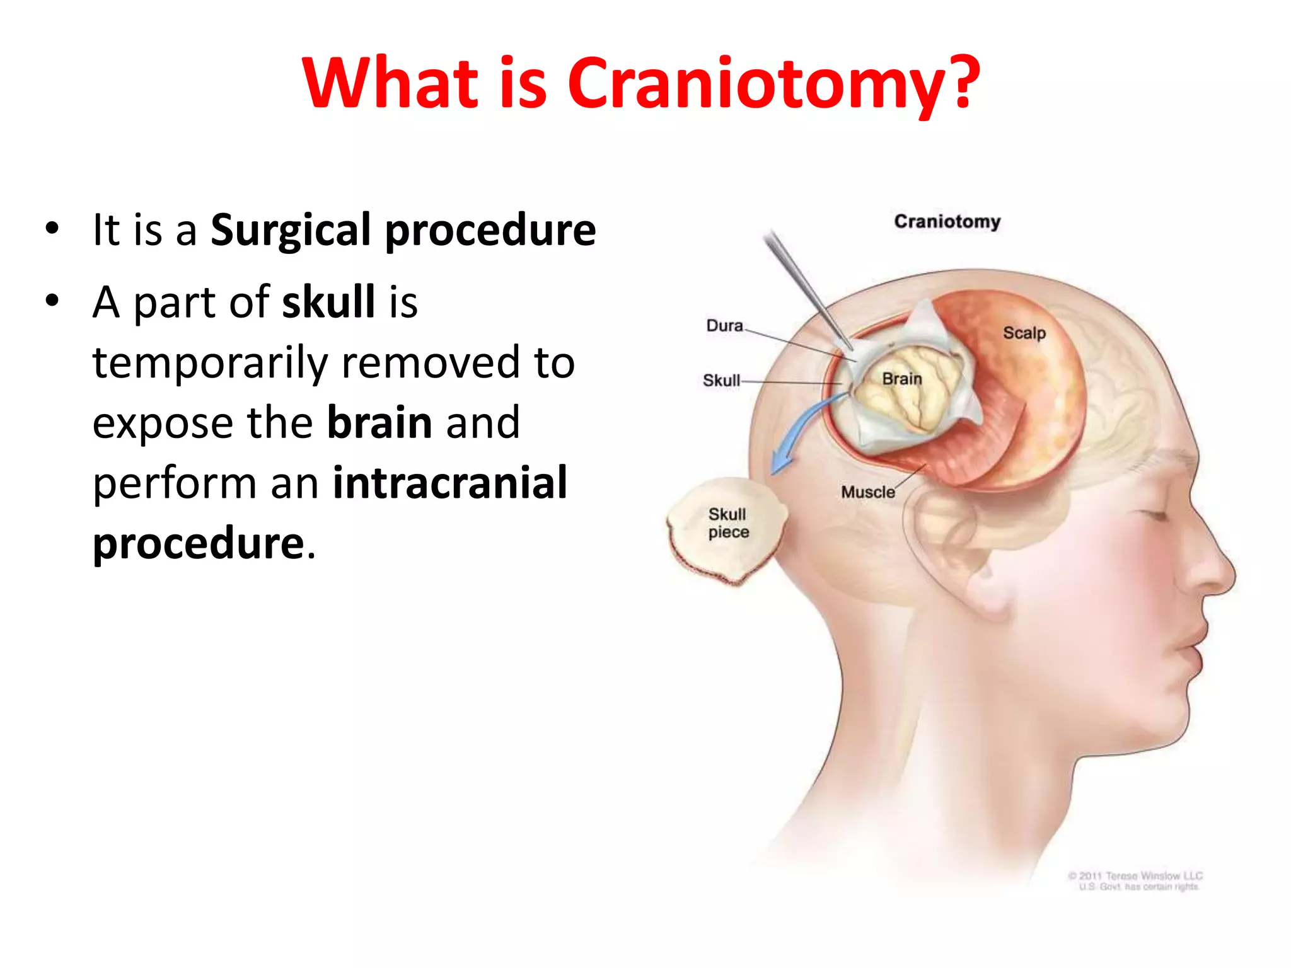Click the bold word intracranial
point(450,483)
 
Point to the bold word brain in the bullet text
point(379,422)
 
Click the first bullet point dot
point(52,228)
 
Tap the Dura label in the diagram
point(724,326)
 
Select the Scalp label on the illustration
point(1024,333)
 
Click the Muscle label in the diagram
point(867,492)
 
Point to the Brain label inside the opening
point(901,379)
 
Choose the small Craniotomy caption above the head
point(947,222)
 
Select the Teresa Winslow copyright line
point(1135,876)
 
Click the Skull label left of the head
point(721,381)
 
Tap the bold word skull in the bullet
point(328,302)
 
